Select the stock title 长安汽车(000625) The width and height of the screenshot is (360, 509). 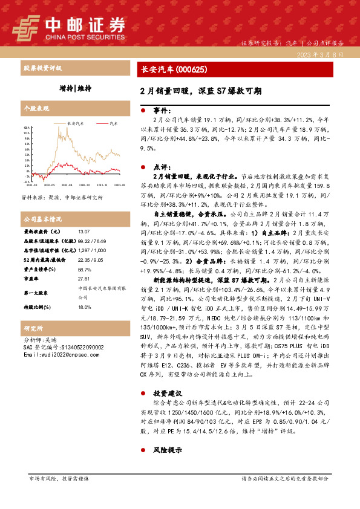coord(168,70)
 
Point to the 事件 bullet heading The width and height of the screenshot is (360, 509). coord(162,111)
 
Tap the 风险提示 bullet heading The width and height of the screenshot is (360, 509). coord(167,450)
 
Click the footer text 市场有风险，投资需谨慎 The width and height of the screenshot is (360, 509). coord(59,479)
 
